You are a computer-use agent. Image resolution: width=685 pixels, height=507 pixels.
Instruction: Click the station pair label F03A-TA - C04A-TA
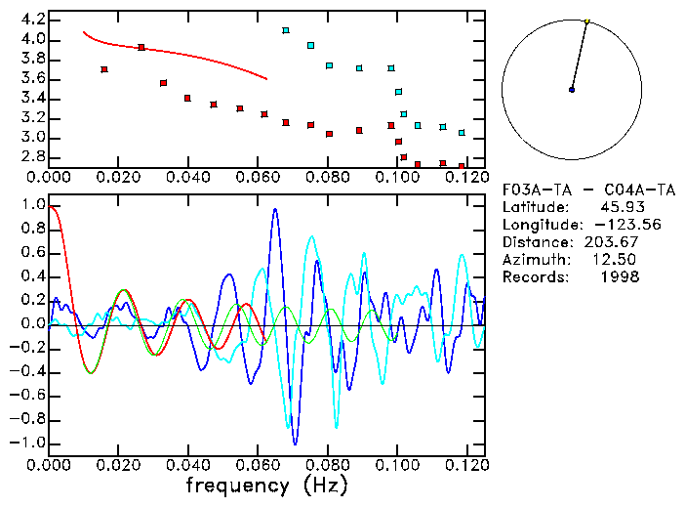tap(584, 189)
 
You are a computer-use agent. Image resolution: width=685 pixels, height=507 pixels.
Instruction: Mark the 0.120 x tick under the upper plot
tap(465, 179)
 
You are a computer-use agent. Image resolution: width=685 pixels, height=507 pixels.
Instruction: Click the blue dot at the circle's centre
tap(572, 90)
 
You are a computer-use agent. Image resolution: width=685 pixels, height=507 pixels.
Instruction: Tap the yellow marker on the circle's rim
tap(586, 21)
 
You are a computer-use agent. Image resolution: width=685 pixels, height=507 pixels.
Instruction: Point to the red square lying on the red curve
tap(141, 47)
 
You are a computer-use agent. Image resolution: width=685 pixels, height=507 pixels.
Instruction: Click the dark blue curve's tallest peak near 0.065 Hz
tap(275, 209)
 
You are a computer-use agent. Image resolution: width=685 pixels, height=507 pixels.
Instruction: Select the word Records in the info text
tap(533, 276)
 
